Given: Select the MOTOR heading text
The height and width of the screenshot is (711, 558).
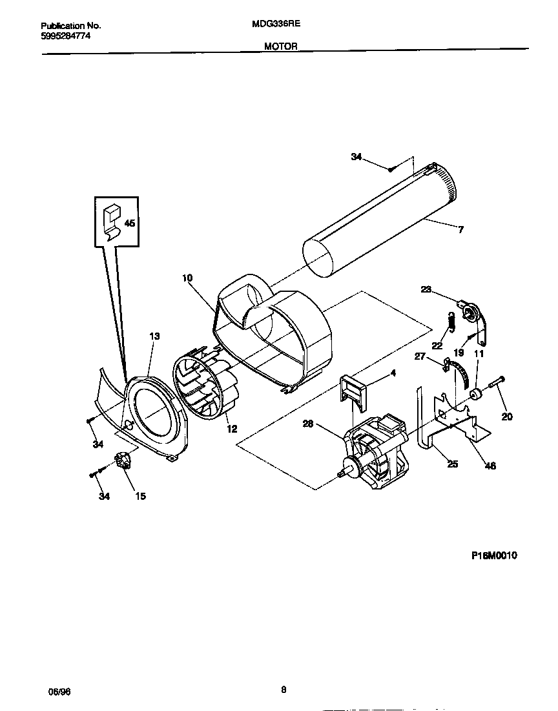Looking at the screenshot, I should click(x=280, y=46).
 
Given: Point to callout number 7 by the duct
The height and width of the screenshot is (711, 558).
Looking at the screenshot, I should click(x=460, y=229).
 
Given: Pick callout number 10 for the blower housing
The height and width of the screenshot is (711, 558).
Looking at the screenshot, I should click(x=187, y=278).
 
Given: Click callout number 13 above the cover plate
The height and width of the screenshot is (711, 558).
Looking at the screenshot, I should click(x=154, y=336).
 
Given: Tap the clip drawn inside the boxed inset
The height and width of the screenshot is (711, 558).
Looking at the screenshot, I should click(x=112, y=220).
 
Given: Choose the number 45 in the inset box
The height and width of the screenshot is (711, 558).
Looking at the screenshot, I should click(x=129, y=223).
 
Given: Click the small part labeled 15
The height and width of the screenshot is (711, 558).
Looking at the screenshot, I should click(x=122, y=461).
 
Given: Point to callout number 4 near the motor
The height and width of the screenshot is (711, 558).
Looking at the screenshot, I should click(x=393, y=373).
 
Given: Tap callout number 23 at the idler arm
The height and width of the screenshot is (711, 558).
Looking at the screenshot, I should click(x=426, y=290).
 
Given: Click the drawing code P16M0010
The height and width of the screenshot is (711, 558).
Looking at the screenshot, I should click(x=490, y=555).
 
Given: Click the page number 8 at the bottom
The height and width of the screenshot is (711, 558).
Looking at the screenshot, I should click(x=284, y=690).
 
